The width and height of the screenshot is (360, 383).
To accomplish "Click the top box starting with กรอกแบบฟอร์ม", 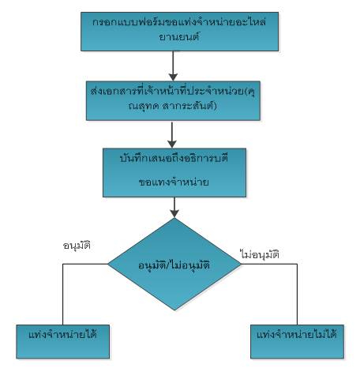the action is pos(179,32).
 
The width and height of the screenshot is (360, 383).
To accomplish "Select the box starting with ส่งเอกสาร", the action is pos(173,101).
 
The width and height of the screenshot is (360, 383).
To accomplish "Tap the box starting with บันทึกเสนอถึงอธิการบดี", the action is pos(174,173).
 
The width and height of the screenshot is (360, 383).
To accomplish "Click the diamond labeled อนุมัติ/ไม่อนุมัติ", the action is pos(174,264).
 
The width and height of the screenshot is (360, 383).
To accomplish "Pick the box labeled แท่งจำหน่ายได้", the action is pos(63,342).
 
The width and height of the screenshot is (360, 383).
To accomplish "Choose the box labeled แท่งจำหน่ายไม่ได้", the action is pos(297,342).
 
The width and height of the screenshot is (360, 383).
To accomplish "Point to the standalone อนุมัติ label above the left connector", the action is pos(77,246).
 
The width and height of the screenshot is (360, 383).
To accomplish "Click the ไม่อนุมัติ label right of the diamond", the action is pos(260,255).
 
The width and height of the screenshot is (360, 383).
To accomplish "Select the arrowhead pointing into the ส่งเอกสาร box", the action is pos(173,77).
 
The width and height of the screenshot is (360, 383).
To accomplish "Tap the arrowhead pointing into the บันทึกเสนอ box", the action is pos(172,144).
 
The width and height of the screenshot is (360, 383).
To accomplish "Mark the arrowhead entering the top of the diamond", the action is pos(174,213).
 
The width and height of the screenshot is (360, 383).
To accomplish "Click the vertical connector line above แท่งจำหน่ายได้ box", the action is pos(63,295).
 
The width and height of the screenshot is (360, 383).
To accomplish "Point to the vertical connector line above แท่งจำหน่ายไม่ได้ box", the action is pos(298,295).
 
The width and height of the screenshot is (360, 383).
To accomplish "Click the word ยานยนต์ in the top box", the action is pos(179,37).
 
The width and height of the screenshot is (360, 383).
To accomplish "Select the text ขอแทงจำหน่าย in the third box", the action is pos(174,182).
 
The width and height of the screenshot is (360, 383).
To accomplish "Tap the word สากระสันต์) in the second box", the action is pos(189,106).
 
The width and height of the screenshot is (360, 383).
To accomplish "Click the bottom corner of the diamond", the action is pos(174,310).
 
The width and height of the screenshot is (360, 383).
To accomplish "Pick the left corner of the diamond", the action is pos(108,264).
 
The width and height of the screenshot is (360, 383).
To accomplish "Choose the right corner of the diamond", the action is pos(242,264).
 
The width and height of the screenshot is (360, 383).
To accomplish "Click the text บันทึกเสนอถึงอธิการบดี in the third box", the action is pos(174,159).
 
